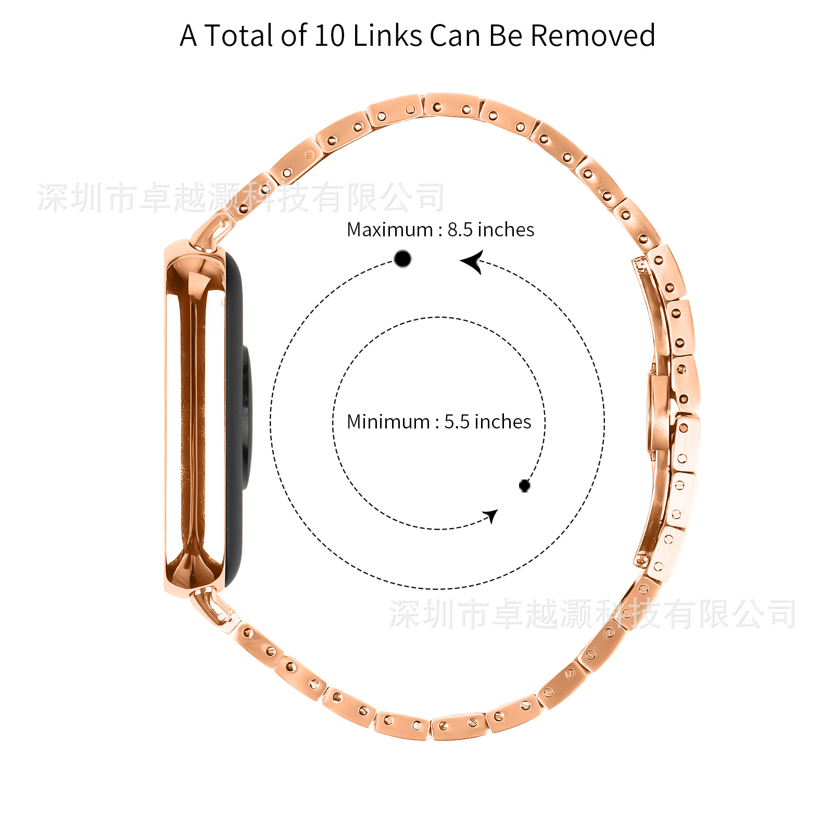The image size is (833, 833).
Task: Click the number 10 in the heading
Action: tap(330, 36)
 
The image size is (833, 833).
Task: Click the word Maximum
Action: tap(390, 230)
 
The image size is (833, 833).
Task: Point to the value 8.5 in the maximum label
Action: tap(460, 230)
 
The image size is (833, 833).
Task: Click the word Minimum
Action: tap(388, 422)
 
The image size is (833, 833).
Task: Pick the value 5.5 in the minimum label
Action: tap(457, 422)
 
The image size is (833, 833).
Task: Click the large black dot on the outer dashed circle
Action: tap(402, 258)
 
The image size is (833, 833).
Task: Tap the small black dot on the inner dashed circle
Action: tap(524, 486)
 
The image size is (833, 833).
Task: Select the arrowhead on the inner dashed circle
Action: tap(490, 516)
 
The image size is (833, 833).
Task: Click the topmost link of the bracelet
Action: tap(451, 106)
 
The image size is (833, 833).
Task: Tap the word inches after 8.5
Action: tap(506, 230)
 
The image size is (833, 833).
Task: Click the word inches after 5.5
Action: tap(502, 422)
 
